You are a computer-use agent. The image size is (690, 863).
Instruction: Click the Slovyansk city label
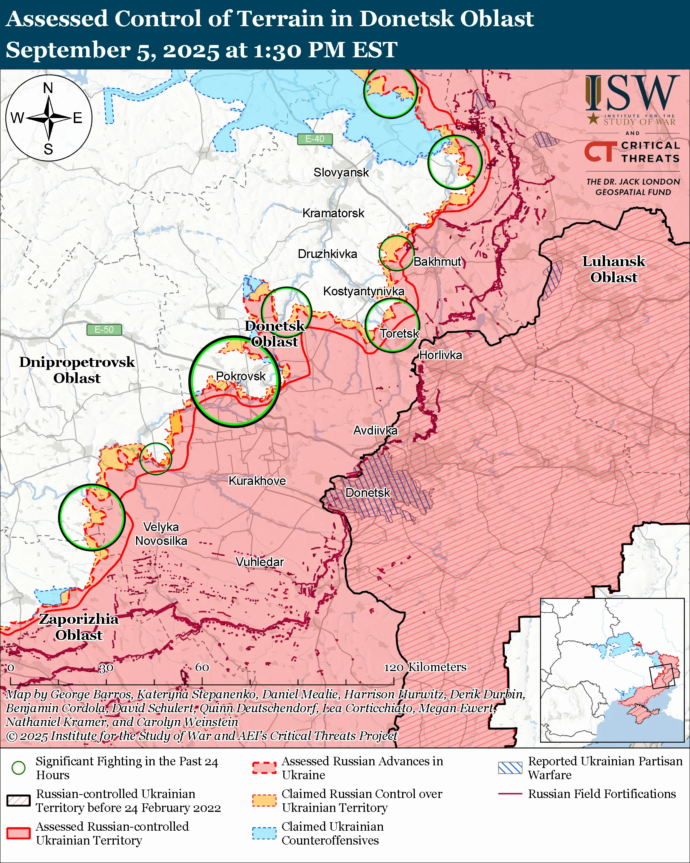[x=341, y=173]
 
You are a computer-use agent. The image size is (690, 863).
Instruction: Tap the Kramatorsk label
[x=333, y=213]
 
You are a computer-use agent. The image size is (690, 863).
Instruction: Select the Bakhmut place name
[x=437, y=262]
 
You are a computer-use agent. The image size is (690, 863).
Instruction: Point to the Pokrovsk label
[x=240, y=376]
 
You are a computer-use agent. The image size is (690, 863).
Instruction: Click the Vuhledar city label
[x=259, y=562]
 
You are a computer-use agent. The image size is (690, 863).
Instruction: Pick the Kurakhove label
[x=257, y=481]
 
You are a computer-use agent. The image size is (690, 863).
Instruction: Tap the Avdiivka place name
[x=375, y=431]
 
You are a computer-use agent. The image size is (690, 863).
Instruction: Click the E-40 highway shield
[x=315, y=139]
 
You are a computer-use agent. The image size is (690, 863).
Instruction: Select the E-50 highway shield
[x=104, y=330]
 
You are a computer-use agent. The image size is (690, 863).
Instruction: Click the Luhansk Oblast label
[x=613, y=269]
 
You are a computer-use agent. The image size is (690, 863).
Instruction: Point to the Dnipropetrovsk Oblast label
[x=77, y=370]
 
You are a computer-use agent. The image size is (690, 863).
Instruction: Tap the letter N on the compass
[x=48, y=88]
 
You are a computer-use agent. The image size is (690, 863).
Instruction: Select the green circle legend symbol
[x=18, y=768]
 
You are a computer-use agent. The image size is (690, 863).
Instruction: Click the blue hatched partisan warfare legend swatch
[x=510, y=768]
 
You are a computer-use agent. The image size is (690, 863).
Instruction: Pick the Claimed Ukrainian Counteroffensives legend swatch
[x=264, y=833]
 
